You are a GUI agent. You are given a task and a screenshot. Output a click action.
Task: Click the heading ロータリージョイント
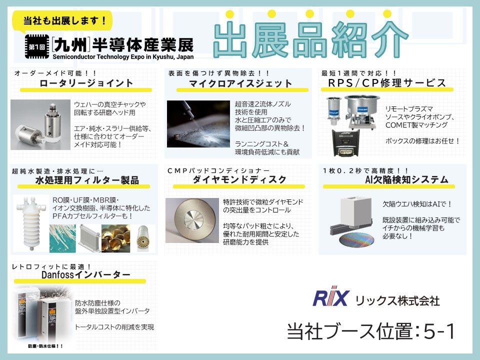(x=86, y=83)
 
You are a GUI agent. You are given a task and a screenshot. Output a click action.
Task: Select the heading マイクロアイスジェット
(x=240, y=83)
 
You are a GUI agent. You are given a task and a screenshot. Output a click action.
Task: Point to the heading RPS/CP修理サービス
(x=387, y=82)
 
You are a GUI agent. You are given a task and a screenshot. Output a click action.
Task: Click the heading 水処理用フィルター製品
(x=87, y=180)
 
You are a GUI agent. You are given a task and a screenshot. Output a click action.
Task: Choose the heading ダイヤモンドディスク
(x=239, y=179)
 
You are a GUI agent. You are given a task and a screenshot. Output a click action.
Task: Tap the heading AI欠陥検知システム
(x=407, y=179)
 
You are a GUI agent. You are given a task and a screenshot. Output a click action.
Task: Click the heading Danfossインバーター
(x=86, y=274)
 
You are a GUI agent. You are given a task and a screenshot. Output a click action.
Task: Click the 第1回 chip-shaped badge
(x=37, y=46)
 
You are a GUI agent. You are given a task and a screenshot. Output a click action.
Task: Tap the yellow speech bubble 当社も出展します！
(x=62, y=21)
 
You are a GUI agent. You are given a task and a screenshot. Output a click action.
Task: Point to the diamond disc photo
(x=192, y=220)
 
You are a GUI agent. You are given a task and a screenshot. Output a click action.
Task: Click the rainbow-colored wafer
(x=356, y=239)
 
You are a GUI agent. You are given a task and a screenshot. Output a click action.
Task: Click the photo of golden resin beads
(x=115, y=238)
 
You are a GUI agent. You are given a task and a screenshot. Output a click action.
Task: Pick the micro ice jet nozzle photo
(x=198, y=124)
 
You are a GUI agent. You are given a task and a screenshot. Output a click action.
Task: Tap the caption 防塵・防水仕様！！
(x=45, y=346)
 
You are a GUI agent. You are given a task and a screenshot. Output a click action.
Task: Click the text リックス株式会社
(x=397, y=300)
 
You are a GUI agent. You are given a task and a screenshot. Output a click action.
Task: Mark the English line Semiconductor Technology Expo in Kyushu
(x=123, y=56)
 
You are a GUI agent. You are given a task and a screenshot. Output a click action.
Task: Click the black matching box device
(x=345, y=142)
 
